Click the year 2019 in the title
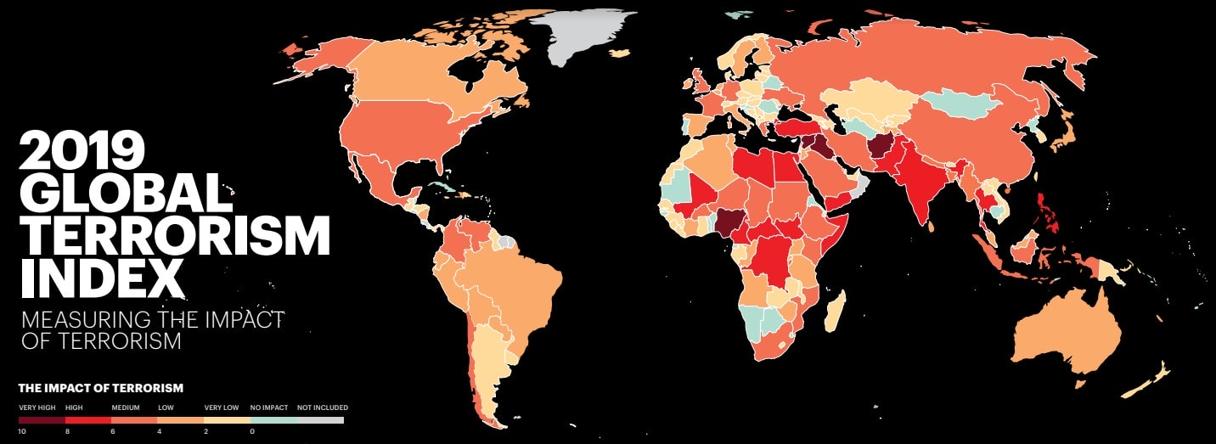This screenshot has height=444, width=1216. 82,152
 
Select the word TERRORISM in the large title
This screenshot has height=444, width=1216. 174,235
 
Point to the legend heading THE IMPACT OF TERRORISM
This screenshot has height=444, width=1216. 101,388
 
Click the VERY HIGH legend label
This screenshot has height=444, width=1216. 36,407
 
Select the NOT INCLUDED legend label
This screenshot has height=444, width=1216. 322,407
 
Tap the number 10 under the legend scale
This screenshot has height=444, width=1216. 22,431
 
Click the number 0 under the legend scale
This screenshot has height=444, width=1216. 253,431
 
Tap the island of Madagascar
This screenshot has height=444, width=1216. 835,311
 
